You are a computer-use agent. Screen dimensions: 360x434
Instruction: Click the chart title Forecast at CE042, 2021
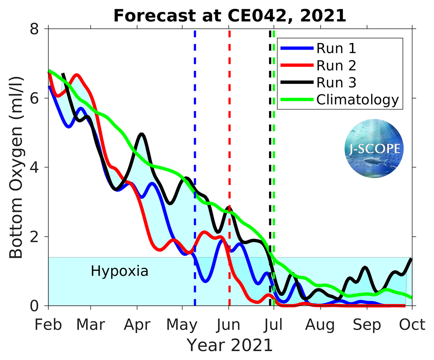[230, 16]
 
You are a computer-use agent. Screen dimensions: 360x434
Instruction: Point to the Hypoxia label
[119, 271]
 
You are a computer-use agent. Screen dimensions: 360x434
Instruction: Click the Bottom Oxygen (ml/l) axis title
[16, 167]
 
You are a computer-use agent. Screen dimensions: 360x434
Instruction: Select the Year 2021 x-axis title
[230, 345]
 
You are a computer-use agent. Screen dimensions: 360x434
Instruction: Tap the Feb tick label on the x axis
[48, 325]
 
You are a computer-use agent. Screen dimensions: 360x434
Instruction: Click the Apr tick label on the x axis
[137, 325]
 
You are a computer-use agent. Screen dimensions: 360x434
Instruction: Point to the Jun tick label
[229, 325]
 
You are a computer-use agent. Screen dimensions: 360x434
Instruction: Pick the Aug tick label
[320, 325]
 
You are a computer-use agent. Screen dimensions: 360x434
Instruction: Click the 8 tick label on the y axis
[35, 29]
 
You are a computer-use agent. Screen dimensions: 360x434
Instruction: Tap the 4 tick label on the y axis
[35, 167]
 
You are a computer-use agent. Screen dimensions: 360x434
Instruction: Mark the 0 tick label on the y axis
[35, 306]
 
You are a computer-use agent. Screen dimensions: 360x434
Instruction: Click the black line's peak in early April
[141, 135]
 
